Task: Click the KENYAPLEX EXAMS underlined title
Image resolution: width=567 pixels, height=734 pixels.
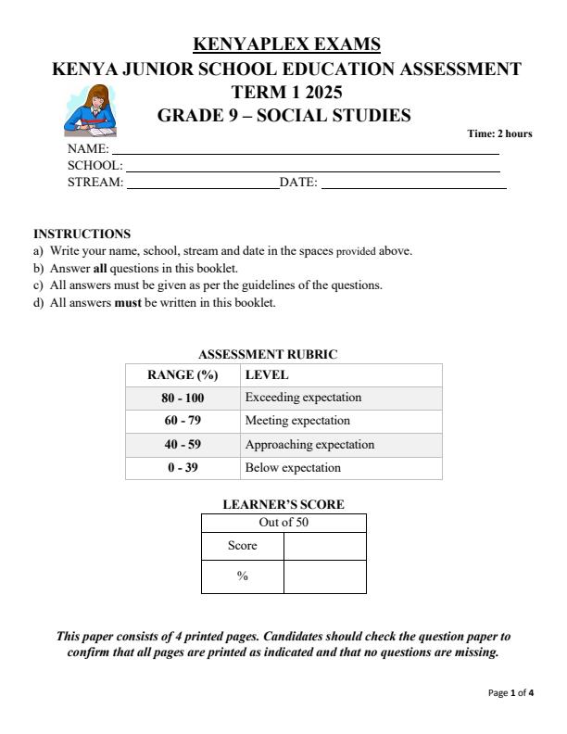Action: (x=286, y=44)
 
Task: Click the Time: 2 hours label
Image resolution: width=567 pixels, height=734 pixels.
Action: (x=499, y=134)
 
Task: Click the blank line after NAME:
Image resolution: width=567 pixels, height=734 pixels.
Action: (x=305, y=150)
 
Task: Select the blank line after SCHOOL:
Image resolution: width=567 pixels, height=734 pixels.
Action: (x=312, y=167)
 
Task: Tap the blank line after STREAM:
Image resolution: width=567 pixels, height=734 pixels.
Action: (x=202, y=184)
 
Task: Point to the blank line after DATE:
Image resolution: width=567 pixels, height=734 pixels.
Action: (x=413, y=184)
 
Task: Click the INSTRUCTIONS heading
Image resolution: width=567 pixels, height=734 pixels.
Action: (x=82, y=234)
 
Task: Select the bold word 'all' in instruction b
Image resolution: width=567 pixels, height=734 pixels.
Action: (x=101, y=269)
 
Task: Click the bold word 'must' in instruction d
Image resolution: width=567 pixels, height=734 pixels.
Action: (x=128, y=302)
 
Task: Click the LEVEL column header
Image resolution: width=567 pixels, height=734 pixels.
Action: (x=267, y=375)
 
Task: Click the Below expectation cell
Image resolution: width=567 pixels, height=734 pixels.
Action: (x=293, y=468)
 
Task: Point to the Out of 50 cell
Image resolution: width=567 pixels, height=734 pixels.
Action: (x=283, y=523)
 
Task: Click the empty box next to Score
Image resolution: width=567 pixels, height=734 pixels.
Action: (x=324, y=546)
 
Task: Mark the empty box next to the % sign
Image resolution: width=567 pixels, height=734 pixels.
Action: (x=324, y=576)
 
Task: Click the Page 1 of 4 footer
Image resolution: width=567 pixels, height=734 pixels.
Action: (x=510, y=692)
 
